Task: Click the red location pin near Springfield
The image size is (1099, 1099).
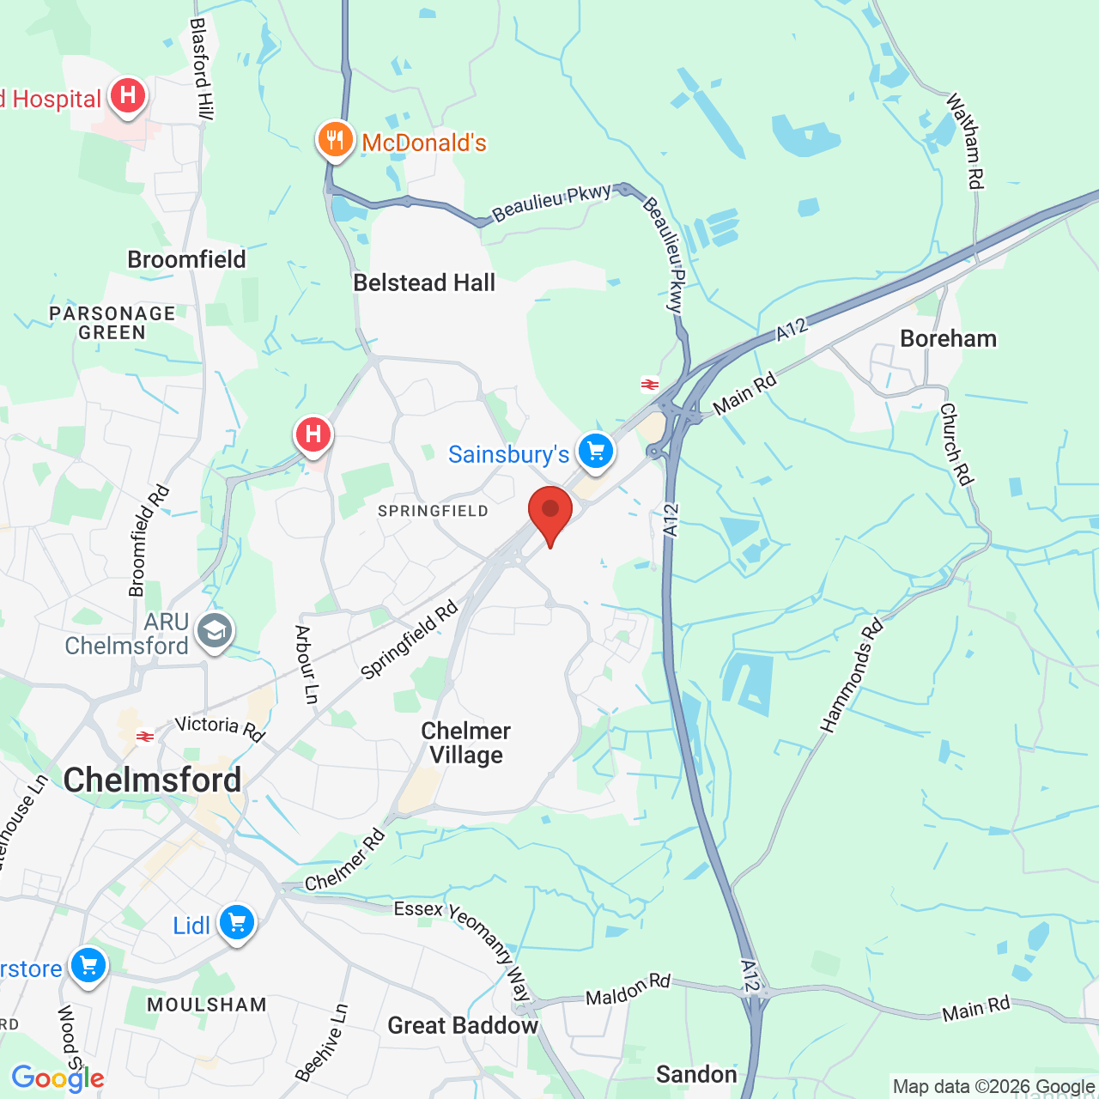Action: click(x=550, y=512)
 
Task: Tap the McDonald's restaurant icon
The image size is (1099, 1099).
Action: click(x=336, y=139)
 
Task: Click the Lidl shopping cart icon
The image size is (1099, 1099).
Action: click(x=237, y=923)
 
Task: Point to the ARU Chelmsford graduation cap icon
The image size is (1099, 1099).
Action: click(x=214, y=632)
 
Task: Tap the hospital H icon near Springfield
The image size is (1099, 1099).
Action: click(x=313, y=434)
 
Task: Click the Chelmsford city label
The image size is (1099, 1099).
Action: click(x=153, y=780)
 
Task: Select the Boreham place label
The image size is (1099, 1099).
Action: click(x=949, y=338)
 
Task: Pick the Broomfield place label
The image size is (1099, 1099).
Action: click(x=186, y=259)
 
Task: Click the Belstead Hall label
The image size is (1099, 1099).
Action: click(x=424, y=282)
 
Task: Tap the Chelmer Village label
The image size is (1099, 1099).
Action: click(x=466, y=743)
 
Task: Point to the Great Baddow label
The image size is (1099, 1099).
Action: click(x=463, y=1025)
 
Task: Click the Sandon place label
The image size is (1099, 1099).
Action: click(x=696, y=1074)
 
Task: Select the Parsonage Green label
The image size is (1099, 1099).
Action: click(x=112, y=323)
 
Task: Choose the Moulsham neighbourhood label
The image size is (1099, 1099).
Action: click(x=207, y=1004)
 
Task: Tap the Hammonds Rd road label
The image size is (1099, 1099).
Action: click(x=852, y=677)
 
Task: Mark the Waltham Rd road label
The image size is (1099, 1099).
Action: click(x=965, y=142)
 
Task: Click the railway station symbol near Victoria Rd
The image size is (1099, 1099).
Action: click(x=144, y=736)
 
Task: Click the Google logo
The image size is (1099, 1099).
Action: click(x=58, y=1078)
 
